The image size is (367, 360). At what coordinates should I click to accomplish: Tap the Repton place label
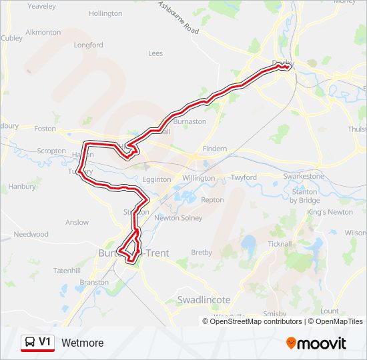point(212,200)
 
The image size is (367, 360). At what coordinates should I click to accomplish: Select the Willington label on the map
point(198,179)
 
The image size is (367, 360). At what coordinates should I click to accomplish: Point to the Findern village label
point(215,149)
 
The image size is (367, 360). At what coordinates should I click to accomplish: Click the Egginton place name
point(157,180)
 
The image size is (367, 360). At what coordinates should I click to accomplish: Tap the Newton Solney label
point(178,218)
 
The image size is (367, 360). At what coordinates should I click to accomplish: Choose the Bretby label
point(202,253)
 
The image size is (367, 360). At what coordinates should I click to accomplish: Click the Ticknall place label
point(280,244)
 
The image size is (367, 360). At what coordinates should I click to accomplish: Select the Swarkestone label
point(304,177)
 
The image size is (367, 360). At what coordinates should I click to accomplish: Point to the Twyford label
point(244,178)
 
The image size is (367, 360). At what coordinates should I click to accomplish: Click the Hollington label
point(105,13)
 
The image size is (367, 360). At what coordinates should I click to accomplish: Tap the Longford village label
point(89,45)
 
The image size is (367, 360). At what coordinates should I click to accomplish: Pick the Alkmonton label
point(43,32)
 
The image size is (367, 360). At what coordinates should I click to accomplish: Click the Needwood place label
point(31,235)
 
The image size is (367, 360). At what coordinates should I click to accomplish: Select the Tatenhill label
point(67,271)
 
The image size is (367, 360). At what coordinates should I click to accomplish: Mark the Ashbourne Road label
point(178,18)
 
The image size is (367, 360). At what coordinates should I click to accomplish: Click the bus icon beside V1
point(29,343)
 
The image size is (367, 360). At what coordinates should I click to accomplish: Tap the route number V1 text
point(45,342)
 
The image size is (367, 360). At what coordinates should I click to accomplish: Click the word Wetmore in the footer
point(83,343)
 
